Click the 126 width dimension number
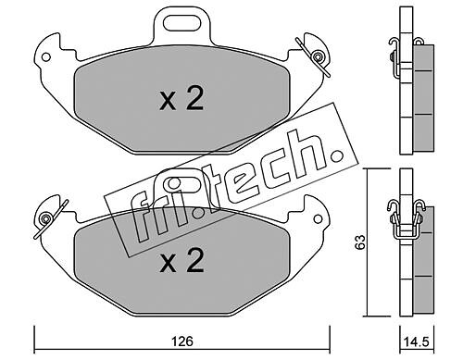(x=182, y=341)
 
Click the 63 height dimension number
(x=359, y=242)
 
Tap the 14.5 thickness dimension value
(x=417, y=341)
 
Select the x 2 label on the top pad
(x=181, y=98)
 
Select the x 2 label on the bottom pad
(x=181, y=260)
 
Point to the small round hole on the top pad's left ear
(x=46, y=57)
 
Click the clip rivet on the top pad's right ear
(x=317, y=56)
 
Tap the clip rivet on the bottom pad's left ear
(x=46, y=218)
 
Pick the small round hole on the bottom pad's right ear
(x=317, y=218)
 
